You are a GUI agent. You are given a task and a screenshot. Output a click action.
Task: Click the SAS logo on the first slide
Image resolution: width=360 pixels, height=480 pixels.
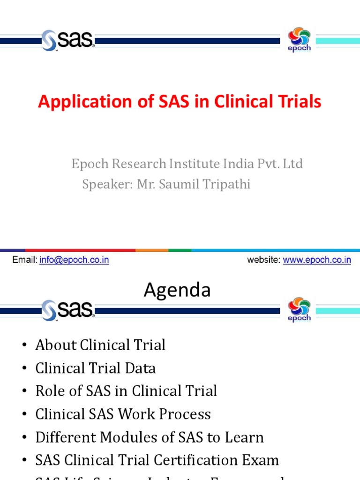point(68,40)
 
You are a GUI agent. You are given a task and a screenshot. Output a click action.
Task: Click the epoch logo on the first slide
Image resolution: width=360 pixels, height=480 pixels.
point(299,39)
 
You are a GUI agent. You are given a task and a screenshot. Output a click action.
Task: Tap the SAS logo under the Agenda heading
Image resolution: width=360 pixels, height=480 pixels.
point(68,310)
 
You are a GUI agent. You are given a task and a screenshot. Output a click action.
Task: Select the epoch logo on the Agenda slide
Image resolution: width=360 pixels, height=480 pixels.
point(299,309)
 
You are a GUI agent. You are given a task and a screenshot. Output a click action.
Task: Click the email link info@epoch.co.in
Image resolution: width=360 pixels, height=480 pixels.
point(74,260)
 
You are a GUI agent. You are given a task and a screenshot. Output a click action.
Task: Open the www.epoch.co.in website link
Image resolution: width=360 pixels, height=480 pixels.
point(317,260)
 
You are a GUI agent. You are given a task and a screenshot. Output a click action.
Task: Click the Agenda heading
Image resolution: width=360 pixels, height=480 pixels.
point(177,290)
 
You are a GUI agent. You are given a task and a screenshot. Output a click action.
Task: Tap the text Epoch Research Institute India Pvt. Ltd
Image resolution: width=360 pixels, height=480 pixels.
point(187,164)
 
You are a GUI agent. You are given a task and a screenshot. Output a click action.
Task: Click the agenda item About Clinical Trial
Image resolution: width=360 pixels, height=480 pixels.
point(100,345)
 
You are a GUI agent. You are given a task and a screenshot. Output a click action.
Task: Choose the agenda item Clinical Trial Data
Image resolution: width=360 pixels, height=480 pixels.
point(96,368)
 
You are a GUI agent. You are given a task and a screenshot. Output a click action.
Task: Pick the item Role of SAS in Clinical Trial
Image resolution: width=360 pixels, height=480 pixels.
point(126,391)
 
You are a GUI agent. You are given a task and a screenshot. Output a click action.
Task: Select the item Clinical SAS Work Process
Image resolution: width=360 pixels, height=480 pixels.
point(123,414)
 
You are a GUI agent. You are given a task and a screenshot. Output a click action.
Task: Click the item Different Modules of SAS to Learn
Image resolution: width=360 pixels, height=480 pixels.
point(150,437)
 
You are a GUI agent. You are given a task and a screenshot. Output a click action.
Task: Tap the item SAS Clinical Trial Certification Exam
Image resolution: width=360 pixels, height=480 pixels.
point(157,460)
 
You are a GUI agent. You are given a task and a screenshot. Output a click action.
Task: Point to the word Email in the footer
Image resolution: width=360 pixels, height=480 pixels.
point(24,260)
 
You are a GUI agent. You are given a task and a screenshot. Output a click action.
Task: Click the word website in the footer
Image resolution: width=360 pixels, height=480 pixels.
point(263,260)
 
